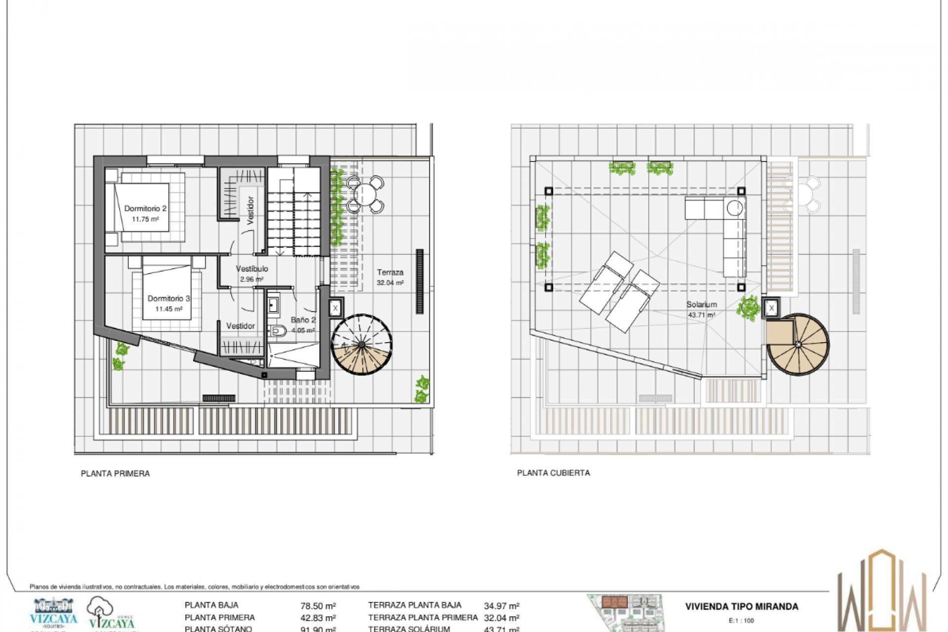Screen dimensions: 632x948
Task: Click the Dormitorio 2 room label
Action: tap(145, 208)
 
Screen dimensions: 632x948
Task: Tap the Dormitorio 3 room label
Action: tap(168, 298)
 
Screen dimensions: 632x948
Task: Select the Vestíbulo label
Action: tap(252, 269)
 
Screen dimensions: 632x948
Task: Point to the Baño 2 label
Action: tap(303, 320)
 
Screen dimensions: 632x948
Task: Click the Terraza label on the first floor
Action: tap(390, 272)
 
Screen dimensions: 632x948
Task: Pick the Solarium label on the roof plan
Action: tap(701, 305)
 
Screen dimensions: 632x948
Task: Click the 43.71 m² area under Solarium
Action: tap(701, 315)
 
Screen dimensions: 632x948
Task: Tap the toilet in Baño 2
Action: tap(279, 331)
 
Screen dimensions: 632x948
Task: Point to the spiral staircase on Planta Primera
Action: tap(361, 344)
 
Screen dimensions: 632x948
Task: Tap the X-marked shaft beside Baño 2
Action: tap(336, 308)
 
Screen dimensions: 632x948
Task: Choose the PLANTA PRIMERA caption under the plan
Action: tap(115, 474)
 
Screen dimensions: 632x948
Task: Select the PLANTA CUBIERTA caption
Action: tap(553, 473)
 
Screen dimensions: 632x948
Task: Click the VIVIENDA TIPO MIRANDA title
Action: tap(741, 607)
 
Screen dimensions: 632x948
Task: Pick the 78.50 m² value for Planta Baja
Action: tap(318, 606)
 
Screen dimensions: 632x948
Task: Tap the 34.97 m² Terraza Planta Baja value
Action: tap(501, 606)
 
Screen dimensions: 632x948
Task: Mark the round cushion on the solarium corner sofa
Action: tap(735, 208)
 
